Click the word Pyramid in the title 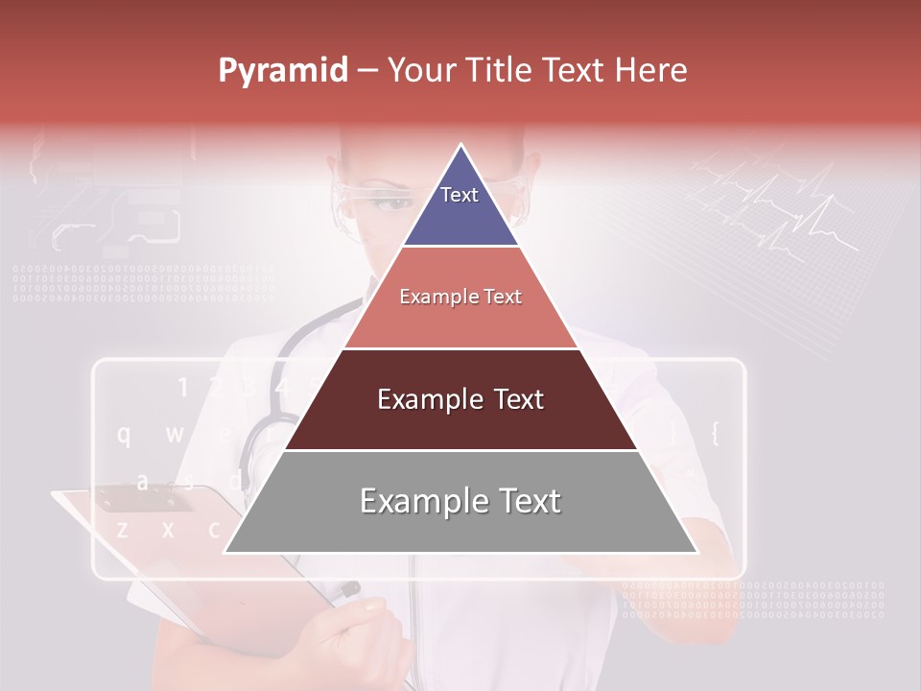pos(283,71)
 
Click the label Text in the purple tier pos(460,195)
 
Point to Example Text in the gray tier pos(460,501)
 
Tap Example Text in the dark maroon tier pos(460,399)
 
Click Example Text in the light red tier pos(460,297)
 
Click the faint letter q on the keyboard pos(124,435)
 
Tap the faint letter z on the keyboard pos(122,529)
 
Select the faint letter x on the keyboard pos(168,529)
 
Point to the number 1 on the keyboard pos(182,388)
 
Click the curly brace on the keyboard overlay pos(714,434)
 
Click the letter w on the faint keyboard pos(175,435)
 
